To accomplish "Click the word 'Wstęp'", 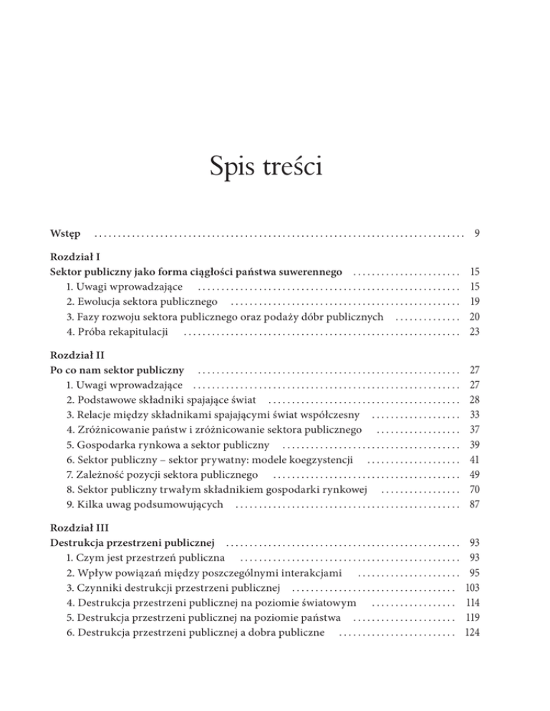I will point(65,234).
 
